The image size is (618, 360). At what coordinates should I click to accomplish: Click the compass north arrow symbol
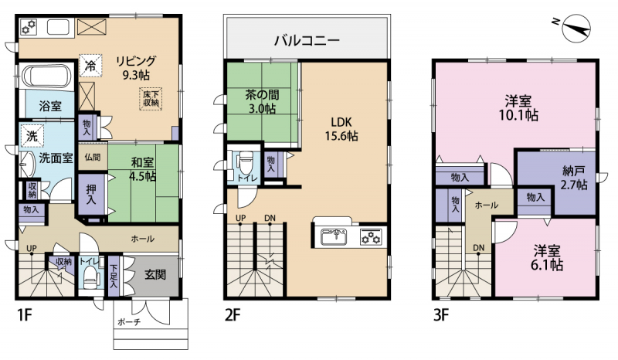(576, 29)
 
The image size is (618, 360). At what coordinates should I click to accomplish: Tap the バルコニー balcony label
(307, 41)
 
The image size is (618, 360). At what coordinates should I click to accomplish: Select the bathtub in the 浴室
(46, 76)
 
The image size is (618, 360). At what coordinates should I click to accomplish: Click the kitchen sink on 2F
(334, 236)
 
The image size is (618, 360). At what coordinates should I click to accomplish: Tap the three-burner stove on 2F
(371, 237)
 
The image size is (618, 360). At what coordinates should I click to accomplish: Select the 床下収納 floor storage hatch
(151, 99)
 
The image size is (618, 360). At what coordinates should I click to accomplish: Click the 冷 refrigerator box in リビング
(90, 66)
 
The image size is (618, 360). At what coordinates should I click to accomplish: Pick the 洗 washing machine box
(32, 136)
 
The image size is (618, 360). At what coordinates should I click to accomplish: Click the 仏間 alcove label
(92, 158)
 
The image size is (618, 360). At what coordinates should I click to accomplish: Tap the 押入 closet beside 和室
(91, 195)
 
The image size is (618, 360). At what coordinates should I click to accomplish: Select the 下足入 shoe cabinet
(114, 276)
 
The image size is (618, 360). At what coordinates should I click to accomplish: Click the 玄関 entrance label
(155, 274)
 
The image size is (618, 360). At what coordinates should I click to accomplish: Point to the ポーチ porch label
(129, 322)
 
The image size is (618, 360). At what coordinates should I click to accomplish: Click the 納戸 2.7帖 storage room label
(574, 178)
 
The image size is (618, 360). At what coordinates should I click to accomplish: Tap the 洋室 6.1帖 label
(547, 258)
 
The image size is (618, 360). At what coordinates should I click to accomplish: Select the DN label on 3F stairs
(478, 248)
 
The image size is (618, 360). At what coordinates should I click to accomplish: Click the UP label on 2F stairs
(240, 218)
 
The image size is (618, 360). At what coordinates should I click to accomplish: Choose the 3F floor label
(441, 315)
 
